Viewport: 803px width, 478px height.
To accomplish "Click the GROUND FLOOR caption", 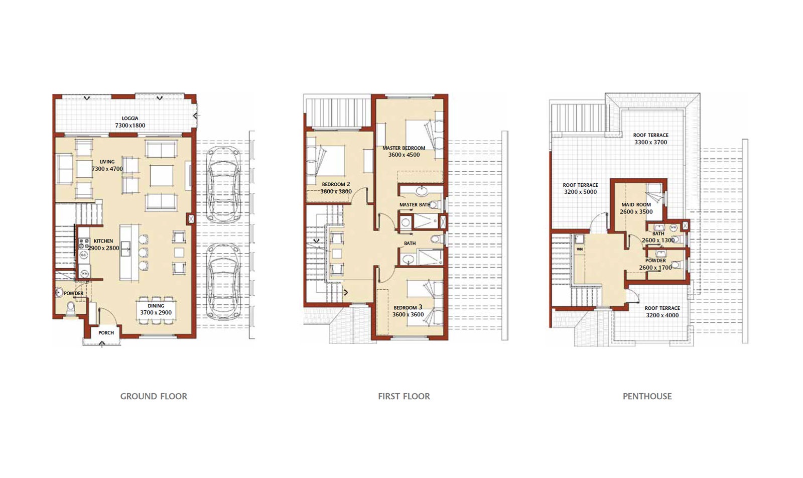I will tap(154, 396).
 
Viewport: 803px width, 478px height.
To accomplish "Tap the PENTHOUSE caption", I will tap(647, 396).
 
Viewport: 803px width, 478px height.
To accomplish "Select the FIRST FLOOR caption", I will tap(404, 396).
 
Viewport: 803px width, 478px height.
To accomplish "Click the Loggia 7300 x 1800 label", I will tap(130, 122).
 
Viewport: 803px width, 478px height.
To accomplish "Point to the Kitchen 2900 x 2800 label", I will tap(103, 245).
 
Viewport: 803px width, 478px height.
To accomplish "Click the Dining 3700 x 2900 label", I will tap(156, 309).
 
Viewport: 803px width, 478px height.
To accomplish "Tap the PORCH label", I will tap(106, 333).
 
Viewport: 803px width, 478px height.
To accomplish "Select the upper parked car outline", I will tap(223, 184).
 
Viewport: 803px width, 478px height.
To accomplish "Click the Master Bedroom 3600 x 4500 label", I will tap(404, 151).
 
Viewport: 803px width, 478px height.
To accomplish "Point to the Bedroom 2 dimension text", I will tap(336, 192).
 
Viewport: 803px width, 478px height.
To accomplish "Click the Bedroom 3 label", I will tap(408, 311).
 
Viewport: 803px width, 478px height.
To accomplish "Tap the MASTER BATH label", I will tap(415, 205).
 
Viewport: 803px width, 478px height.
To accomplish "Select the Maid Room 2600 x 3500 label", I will tap(636, 208).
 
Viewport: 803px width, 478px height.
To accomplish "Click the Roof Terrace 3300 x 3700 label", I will tap(650, 139).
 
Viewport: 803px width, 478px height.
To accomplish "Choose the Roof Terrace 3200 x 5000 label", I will tap(580, 188).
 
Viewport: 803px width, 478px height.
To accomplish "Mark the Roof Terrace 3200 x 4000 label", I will tap(662, 312).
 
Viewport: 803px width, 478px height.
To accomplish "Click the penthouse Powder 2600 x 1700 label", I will tap(655, 264).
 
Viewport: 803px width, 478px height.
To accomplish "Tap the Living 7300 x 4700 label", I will tap(107, 165).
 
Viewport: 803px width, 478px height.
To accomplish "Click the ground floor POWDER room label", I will tap(74, 294).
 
